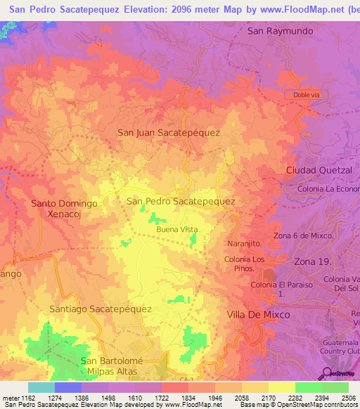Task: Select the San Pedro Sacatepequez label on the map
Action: [180, 201]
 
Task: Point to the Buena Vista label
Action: [176, 230]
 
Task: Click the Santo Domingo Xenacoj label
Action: [64, 209]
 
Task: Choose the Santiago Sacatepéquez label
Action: [101, 309]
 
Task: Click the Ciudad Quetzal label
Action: [318, 171]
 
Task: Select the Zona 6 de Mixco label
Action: [303, 235]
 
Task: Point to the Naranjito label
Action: [244, 243]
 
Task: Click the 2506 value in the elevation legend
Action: [347, 398]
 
